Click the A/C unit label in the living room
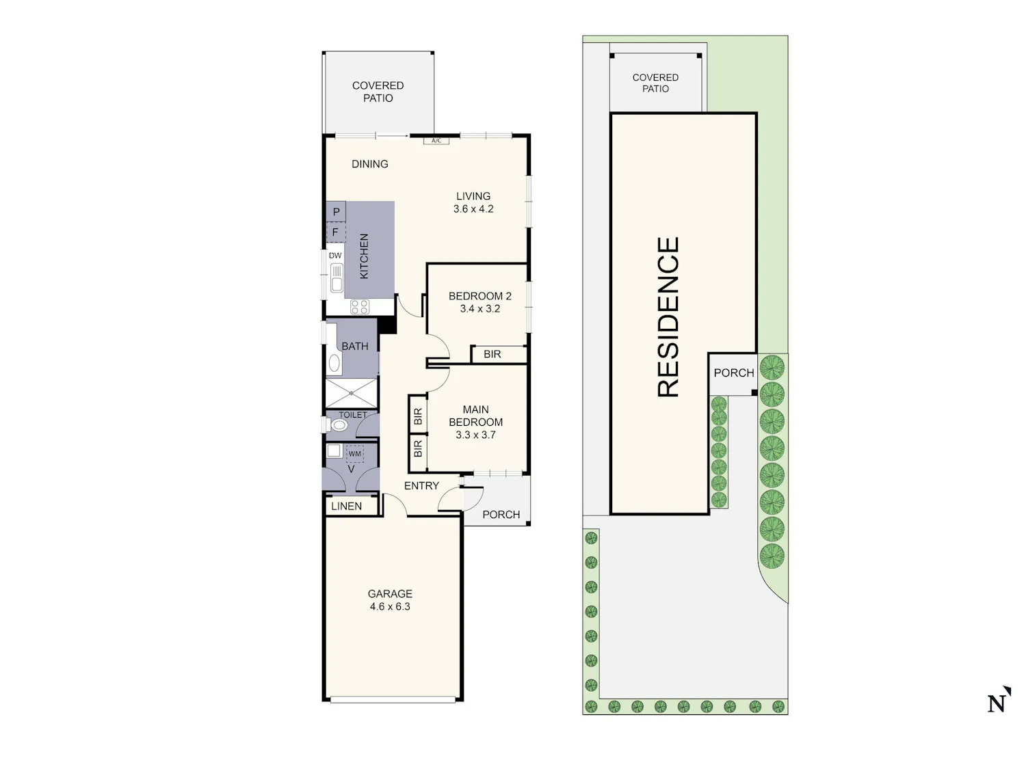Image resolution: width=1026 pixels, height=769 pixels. [436, 141]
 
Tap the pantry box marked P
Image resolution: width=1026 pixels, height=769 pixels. [336, 211]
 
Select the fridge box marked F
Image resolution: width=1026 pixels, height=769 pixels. [336, 232]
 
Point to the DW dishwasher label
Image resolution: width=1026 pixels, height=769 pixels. [335, 256]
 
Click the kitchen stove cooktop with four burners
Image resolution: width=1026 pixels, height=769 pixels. [360, 307]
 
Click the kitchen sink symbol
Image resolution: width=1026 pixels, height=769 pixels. [336, 277]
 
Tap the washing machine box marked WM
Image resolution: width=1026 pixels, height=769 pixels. [355, 453]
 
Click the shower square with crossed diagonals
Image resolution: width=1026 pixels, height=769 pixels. [351, 393]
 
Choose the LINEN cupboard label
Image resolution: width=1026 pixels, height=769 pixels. [346, 506]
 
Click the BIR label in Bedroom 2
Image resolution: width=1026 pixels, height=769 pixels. [492, 354]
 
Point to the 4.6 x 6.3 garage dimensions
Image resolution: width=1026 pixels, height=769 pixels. [390, 606]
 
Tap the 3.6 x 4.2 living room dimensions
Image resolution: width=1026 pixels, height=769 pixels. [473, 208]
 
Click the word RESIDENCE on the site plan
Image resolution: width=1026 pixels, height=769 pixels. [668, 317]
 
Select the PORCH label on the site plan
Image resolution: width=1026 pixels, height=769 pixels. [734, 373]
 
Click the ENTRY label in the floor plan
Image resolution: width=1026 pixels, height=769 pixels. [421, 485]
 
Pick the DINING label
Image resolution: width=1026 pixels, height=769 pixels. [370, 164]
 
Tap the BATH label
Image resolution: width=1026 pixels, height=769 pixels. [355, 346]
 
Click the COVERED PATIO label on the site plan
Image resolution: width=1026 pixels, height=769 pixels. [655, 83]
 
